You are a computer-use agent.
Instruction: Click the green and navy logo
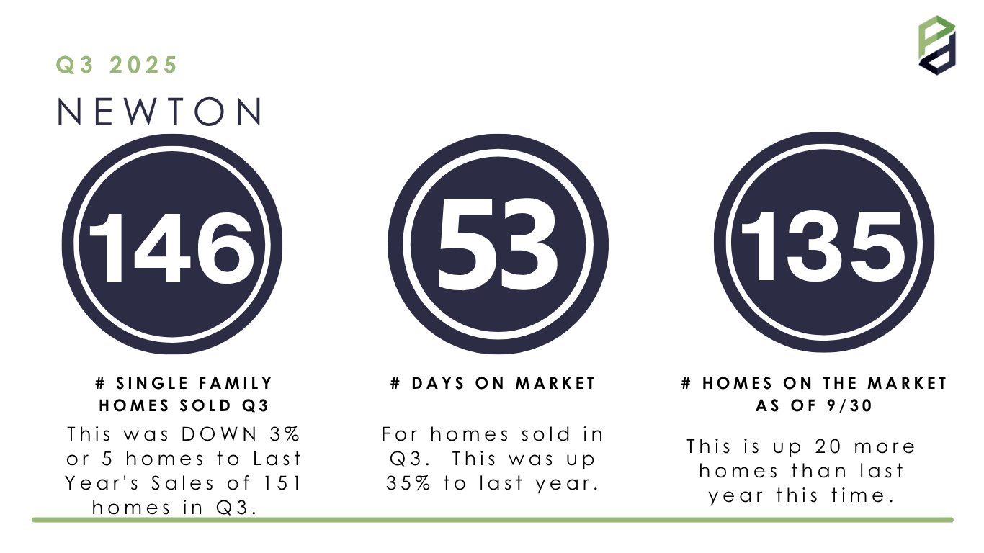(936, 45)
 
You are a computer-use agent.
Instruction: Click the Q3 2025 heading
(117, 65)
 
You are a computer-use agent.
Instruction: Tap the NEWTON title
(160, 112)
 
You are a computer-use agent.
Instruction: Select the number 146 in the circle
(171, 248)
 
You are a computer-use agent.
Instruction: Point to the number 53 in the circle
(497, 244)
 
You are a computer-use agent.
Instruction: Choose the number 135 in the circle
(823, 246)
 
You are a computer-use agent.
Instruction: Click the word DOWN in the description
(219, 434)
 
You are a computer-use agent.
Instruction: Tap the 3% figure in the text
(285, 434)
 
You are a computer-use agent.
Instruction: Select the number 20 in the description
(828, 446)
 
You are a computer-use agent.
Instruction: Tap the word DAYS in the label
(437, 384)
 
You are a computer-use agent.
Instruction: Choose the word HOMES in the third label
(737, 384)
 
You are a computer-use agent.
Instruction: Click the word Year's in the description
(102, 483)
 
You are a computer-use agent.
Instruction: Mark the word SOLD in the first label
(205, 405)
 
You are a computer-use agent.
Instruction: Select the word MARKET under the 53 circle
(555, 384)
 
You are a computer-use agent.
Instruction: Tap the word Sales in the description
(183, 483)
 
